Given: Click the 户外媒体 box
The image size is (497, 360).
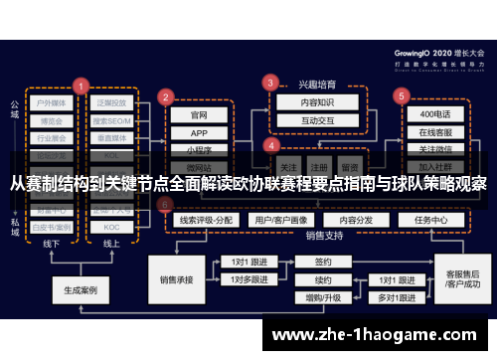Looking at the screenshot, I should click(49, 102).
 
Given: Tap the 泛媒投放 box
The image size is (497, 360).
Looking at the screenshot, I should click(111, 102).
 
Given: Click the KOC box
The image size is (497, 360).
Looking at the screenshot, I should click(111, 227).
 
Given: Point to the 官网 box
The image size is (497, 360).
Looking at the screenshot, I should click(199, 114).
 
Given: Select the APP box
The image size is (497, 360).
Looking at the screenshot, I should click(199, 132).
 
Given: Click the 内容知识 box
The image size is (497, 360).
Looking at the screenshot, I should click(304, 101).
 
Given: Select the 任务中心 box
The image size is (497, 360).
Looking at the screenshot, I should click(431, 220).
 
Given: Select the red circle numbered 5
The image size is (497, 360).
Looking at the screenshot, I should click(402, 96).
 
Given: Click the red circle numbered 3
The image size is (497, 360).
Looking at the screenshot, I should click(269, 83).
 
